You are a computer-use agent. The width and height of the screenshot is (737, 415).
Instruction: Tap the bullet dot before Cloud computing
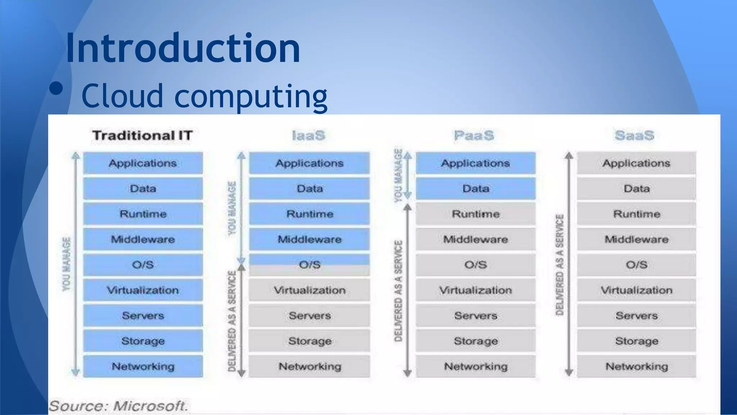pyautogui.click(x=56, y=88)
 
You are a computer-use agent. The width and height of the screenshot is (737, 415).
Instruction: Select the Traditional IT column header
pyautogui.click(x=143, y=135)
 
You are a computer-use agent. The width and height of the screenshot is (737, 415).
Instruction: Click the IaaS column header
pyautogui.click(x=308, y=135)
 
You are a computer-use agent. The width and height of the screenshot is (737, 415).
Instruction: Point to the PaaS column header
pyautogui.click(x=474, y=135)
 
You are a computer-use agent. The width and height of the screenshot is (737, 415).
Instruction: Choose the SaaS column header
pyautogui.click(x=634, y=135)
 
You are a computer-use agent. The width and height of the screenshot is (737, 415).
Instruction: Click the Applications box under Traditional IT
pyautogui.click(x=143, y=163)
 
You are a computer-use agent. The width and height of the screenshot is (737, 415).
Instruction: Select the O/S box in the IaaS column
pyautogui.click(x=309, y=265)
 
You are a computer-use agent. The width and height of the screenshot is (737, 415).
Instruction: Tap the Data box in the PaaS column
pyautogui.click(x=476, y=188)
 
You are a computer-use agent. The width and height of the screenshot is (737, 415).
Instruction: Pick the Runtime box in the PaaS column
pyautogui.click(x=476, y=214)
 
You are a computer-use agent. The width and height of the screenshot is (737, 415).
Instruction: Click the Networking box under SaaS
pyautogui.click(x=637, y=366)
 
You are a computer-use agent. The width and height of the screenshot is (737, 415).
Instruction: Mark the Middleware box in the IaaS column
pyautogui.click(x=309, y=239)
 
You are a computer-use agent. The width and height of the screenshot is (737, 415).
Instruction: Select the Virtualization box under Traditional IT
pyautogui.click(x=143, y=290)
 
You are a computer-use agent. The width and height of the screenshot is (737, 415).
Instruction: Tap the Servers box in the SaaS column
pyautogui.click(x=637, y=316)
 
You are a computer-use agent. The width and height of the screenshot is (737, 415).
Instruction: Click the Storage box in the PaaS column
pyautogui.click(x=476, y=341)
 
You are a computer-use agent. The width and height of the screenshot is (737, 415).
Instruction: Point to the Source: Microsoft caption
pyautogui.click(x=118, y=406)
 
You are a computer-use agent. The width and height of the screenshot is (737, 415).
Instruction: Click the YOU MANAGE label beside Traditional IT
pyautogui.click(x=67, y=264)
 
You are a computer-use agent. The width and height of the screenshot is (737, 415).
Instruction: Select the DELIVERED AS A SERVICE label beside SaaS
pyautogui.click(x=560, y=265)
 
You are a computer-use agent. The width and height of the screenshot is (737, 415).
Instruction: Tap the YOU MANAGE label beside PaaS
pyautogui.click(x=398, y=175)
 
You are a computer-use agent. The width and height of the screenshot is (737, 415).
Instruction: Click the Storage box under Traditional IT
pyautogui.click(x=143, y=341)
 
